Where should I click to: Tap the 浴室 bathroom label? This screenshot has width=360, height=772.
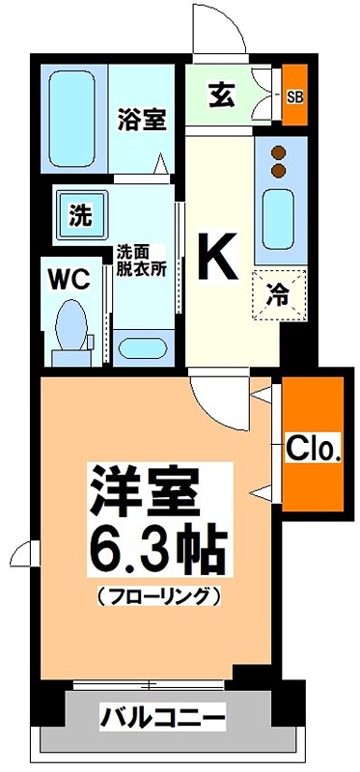[142, 120]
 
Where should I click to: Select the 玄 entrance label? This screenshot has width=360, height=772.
[219, 95]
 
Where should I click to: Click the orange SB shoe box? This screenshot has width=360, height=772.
[294, 96]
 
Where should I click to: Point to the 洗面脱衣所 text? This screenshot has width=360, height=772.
[142, 261]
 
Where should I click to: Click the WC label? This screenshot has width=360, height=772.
[69, 280]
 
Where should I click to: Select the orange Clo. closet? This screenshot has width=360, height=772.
[313, 447]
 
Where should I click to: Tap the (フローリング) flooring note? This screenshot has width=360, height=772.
[160, 596]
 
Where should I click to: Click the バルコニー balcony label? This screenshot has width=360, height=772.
[162, 717]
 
